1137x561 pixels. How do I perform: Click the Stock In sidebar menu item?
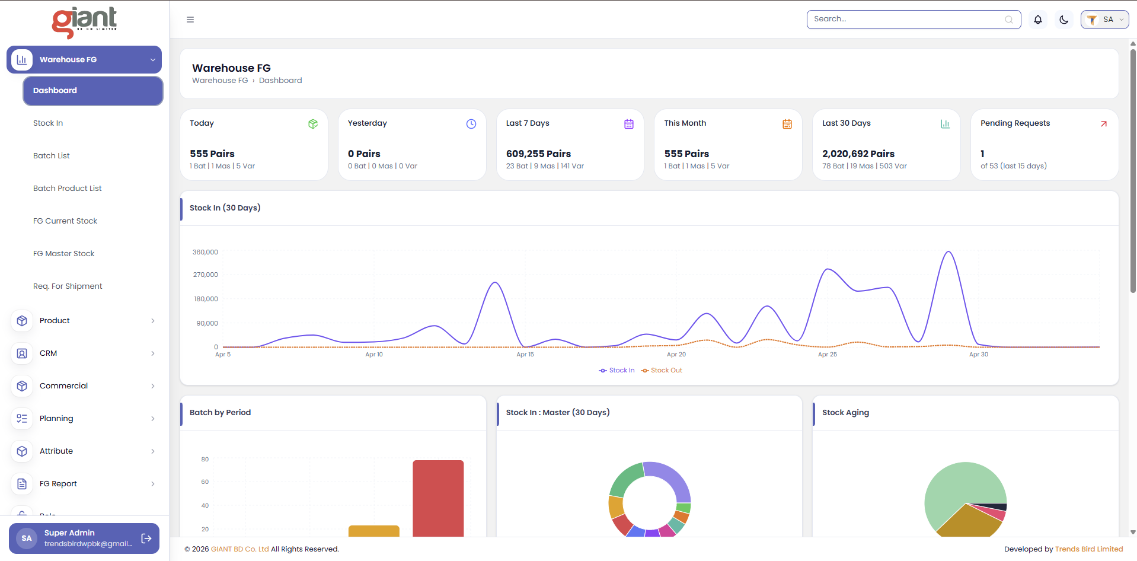(48, 123)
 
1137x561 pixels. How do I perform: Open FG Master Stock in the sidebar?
(63, 254)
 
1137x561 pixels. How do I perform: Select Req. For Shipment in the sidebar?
(68, 286)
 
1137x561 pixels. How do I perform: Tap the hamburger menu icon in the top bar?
(190, 20)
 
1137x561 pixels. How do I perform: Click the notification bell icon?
(1038, 20)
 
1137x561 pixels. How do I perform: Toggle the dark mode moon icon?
(1064, 20)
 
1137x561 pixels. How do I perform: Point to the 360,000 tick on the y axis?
(205, 252)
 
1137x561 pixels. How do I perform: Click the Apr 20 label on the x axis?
(676, 355)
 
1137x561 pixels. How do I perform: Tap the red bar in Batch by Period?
(438, 499)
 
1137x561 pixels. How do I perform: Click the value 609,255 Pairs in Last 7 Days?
(538, 154)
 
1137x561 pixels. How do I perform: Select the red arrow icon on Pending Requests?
(1104, 124)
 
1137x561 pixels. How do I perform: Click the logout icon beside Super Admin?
(146, 538)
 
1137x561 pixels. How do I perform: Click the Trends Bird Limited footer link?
(1089, 549)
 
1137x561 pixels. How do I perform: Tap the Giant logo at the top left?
(84, 23)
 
